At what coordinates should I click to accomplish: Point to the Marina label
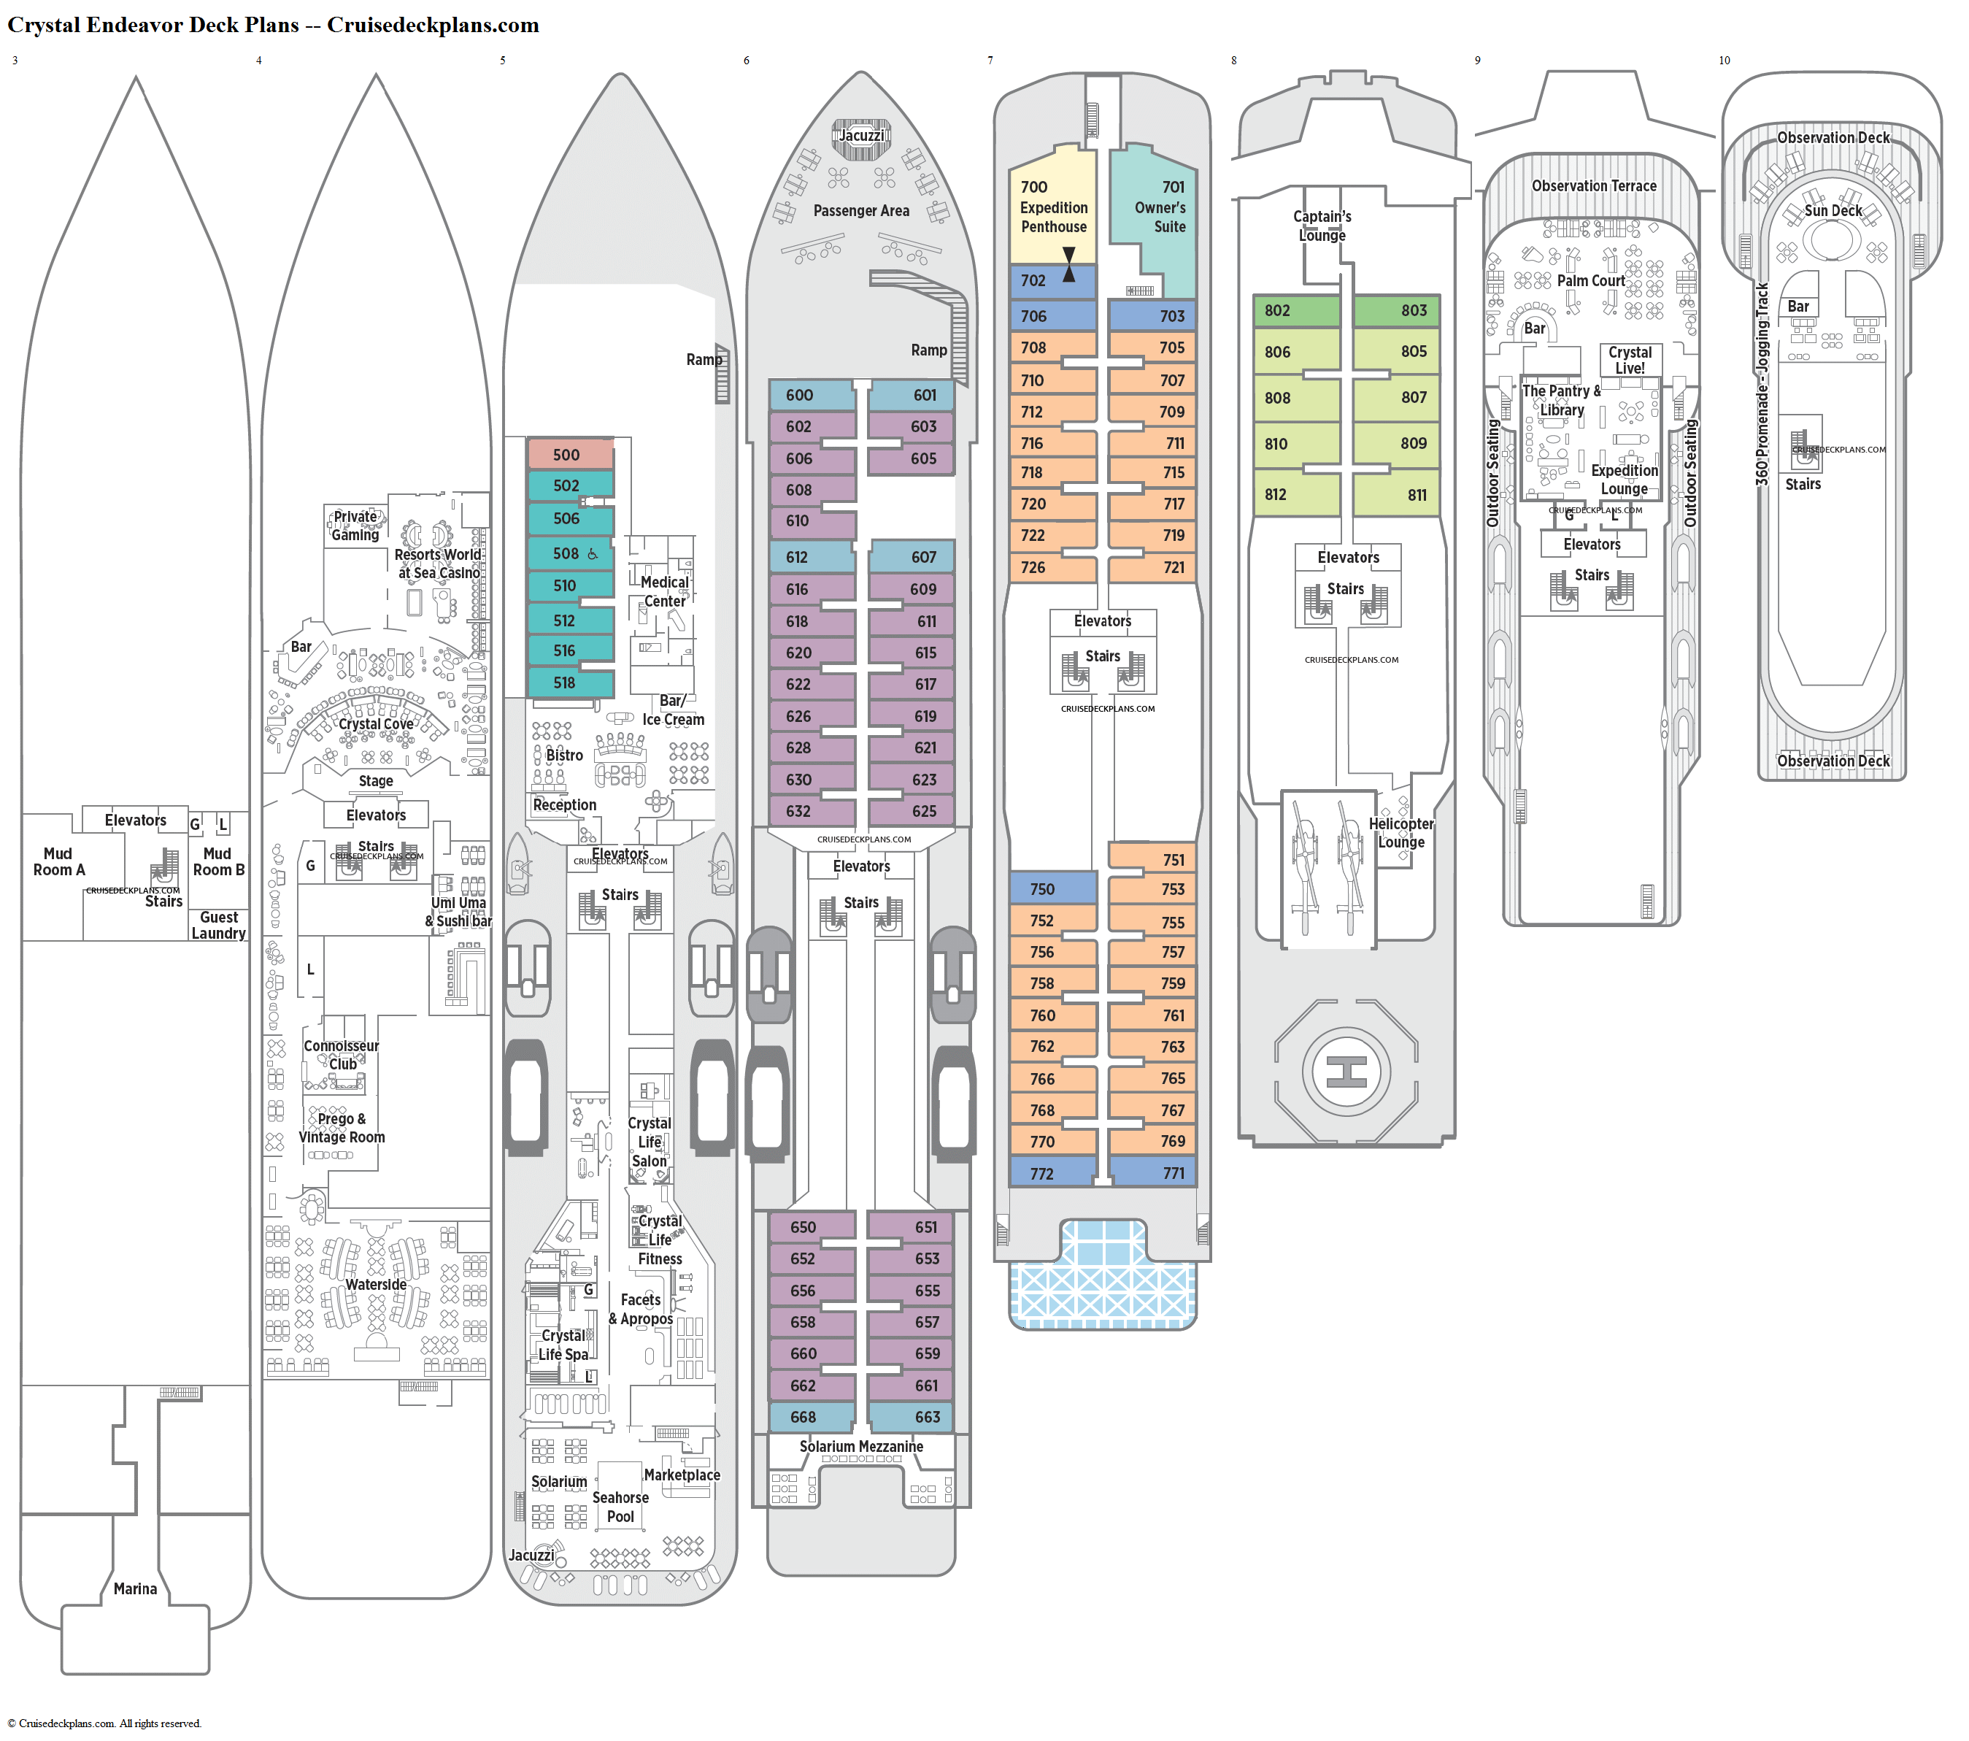coord(135,1588)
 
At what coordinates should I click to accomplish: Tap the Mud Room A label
coord(59,861)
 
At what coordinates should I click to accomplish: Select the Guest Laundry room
coord(219,925)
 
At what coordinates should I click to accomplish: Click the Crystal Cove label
coord(376,723)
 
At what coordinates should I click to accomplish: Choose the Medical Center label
coord(665,591)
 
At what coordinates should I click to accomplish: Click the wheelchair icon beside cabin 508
coord(593,554)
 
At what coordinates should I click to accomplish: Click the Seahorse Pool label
coord(620,1507)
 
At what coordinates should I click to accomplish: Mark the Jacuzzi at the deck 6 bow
coord(861,136)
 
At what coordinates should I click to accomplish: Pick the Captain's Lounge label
coord(1322,226)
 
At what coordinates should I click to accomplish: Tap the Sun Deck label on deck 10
coord(1833,210)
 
